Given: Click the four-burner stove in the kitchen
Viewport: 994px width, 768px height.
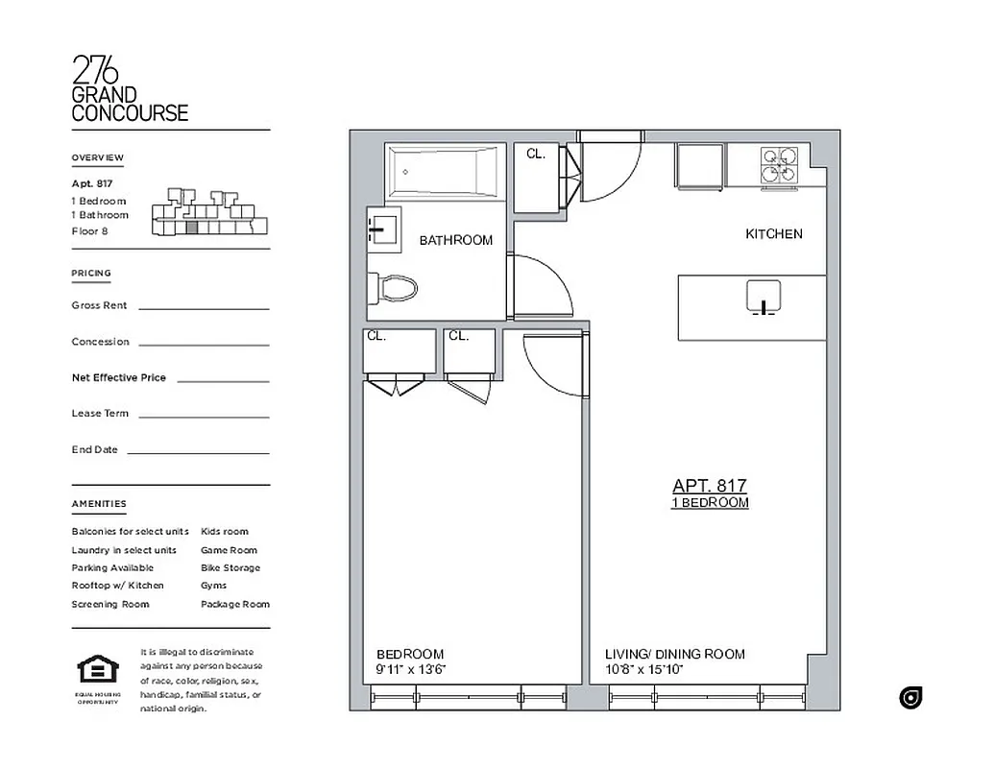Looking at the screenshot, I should click(780, 164).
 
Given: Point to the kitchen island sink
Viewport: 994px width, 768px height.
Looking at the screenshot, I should click(763, 298).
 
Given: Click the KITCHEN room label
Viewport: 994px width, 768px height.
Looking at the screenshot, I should click(773, 234).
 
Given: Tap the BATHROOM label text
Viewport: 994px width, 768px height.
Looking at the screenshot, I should click(455, 241).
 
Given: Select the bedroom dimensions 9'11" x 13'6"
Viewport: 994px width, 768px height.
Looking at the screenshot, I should click(411, 670).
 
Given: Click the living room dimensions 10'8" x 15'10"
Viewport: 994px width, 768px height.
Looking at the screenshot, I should click(643, 670).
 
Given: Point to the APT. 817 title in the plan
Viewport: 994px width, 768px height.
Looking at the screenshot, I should click(709, 487).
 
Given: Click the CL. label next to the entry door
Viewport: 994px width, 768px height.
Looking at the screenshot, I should click(535, 154).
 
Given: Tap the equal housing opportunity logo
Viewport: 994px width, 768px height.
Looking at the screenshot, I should click(98, 671).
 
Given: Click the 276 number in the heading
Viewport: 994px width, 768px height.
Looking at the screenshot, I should click(95, 71).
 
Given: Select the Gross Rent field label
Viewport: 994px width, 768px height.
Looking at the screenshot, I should click(99, 305).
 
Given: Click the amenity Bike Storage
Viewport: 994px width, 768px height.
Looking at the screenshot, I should click(230, 568).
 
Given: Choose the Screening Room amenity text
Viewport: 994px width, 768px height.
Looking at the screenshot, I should click(109, 605).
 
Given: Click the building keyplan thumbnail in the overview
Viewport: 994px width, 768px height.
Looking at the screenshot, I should click(209, 212).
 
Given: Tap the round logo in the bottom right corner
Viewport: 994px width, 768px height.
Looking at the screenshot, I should click(910, 698).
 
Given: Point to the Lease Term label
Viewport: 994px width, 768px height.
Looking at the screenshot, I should click(100, 414).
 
